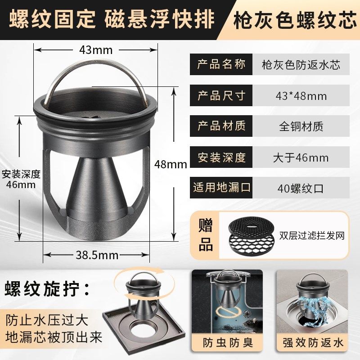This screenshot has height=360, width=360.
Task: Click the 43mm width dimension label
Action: (96, 50)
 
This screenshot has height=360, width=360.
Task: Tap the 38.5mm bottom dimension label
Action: (96, 256)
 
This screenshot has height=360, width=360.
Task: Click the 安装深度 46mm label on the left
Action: (21, 179)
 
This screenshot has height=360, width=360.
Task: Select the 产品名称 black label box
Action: (221, 64)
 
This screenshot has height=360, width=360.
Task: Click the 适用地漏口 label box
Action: (221, 188)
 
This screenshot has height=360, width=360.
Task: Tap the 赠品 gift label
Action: (206, 235)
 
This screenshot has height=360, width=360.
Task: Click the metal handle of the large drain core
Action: (96, 72)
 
